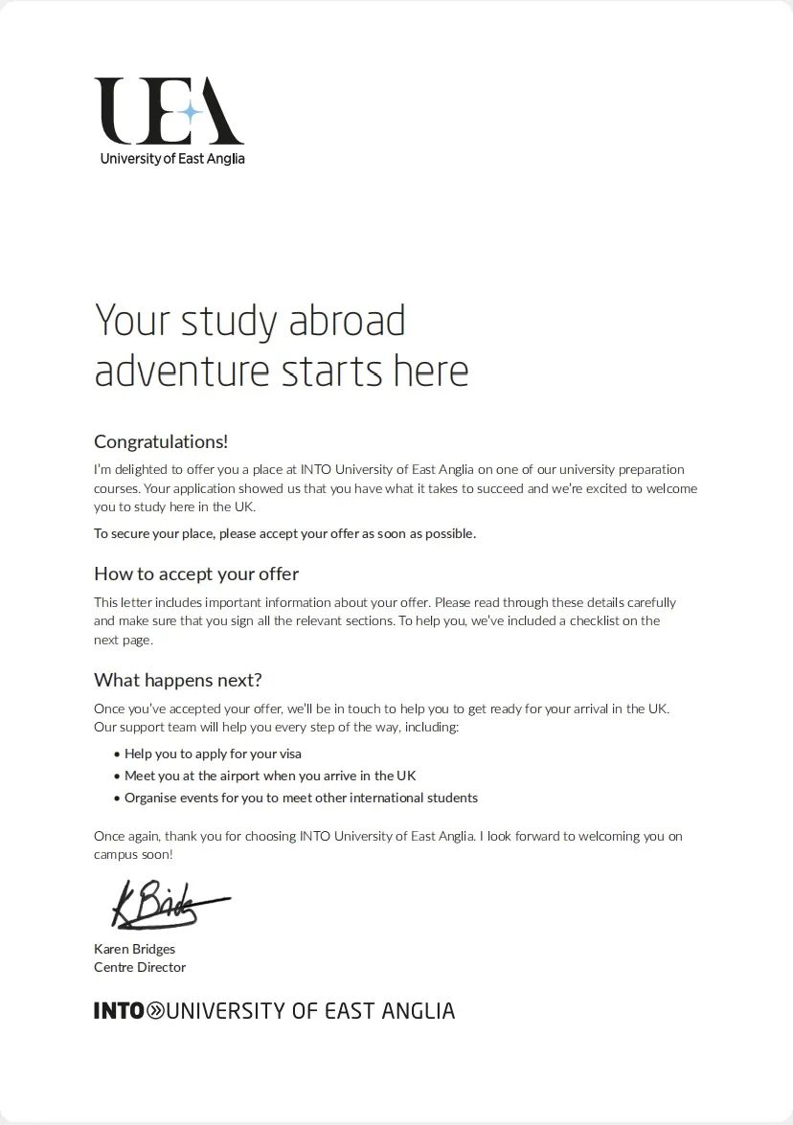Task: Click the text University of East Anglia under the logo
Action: point(172,159)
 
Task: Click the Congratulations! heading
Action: point(161,441)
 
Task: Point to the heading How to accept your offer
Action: point(196,574)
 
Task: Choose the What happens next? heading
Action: point(177,680)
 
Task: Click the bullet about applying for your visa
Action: point(213,754)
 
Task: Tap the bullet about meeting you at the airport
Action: point(270,776)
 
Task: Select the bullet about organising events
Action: point(301,798)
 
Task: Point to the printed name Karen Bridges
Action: point(134,949)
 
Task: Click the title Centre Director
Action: point(140,967)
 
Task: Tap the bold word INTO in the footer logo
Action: point(119,1010)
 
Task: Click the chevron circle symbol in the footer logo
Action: point(155,1010)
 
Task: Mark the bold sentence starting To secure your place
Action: point(284,533)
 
